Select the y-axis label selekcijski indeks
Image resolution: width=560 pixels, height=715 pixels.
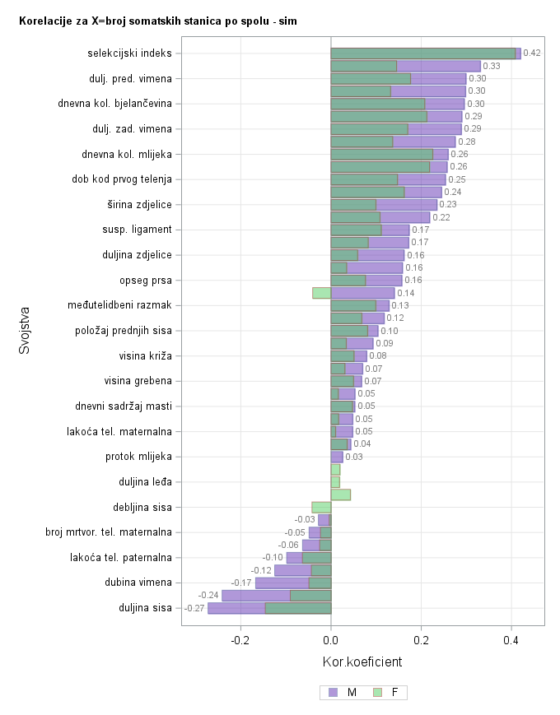click(130, 53)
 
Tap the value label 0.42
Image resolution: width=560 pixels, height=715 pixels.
click(532, 53)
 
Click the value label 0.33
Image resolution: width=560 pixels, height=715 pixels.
click(492, 66)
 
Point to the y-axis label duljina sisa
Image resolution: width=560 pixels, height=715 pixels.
click(145, 608)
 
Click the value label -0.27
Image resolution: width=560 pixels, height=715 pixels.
click(194, 608)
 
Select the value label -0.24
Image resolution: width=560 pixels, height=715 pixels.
click(208, 595)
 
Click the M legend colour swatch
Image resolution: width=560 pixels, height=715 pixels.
click(333, 693)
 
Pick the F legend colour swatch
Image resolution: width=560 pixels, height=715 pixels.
click(378, 693)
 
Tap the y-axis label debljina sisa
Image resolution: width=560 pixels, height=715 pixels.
click(142, 507)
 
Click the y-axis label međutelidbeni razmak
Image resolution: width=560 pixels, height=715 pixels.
click(119, 305)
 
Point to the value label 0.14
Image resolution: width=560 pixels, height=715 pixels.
click(406, 293)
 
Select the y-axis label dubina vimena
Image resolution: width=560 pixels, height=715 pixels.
click(138, 583)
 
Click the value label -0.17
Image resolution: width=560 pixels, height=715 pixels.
click(241, 583)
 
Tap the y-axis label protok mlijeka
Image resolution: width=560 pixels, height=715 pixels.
click(138, 457)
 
